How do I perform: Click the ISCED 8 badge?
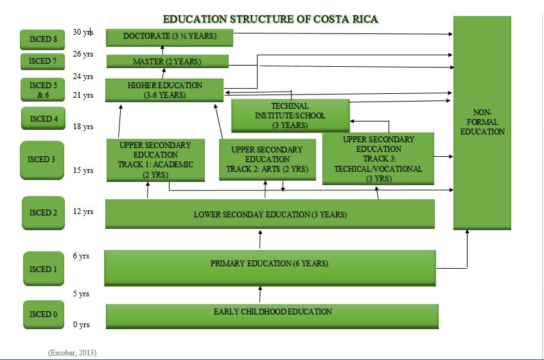(43, 39)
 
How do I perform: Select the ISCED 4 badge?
(44, 119)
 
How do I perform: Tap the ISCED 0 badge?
(44, 314)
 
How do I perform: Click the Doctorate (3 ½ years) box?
(170, 37)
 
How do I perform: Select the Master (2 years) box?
(167, 62)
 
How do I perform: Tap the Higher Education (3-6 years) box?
(164, 90)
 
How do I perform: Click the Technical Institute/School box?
(290, 116)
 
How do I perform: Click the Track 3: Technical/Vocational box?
(378, 158)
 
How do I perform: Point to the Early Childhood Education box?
(272, 314)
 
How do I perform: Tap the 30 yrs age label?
(83, 32)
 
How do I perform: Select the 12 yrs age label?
(83, 212)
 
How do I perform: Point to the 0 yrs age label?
(81, 325)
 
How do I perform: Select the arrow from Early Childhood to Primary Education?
(260, 294)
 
